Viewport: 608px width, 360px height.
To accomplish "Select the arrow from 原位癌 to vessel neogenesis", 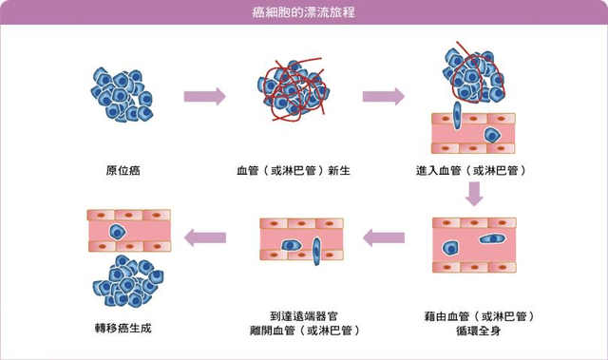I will coord(204,96).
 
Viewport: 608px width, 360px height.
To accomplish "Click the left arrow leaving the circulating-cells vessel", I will coord(386,238).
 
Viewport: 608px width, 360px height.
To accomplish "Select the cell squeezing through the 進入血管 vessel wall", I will coord(457,119).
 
